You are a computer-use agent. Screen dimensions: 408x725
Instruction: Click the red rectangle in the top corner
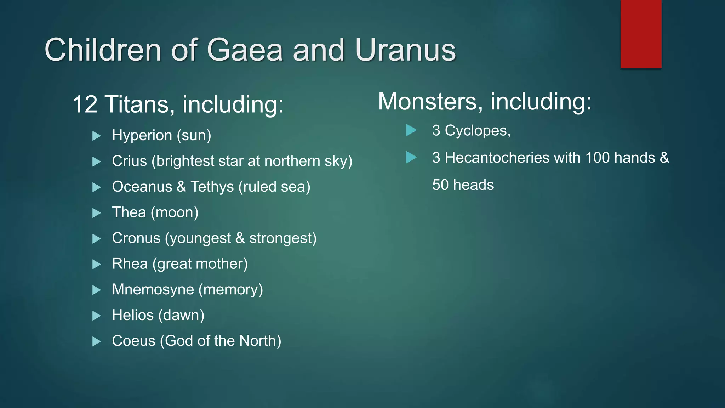[641, 34]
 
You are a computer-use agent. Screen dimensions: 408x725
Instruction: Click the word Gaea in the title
[245, 50]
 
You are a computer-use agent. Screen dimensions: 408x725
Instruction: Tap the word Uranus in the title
[405, 50]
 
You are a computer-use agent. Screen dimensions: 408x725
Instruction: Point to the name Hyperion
[142, 135]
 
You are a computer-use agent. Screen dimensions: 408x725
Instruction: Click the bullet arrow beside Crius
[96, 162]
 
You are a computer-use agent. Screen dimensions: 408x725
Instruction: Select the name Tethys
[212, 187]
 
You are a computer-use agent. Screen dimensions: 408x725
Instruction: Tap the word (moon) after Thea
[175, 212]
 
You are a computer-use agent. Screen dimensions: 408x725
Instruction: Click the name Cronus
[136, 238]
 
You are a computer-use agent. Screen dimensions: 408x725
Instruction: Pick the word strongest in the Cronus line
[283, 238]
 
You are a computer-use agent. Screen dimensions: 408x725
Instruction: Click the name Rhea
[130, 264]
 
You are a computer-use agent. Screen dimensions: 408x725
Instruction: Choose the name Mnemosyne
[153, 289]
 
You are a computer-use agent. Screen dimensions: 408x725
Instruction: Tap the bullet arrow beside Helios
[96, 316]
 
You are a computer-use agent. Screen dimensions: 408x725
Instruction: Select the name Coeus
[133, 341]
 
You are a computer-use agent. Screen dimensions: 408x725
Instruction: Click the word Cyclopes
[478, 131]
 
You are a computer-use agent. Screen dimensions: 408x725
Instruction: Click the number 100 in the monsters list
[597, 158]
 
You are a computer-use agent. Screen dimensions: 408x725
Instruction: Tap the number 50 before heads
[440, 185]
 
